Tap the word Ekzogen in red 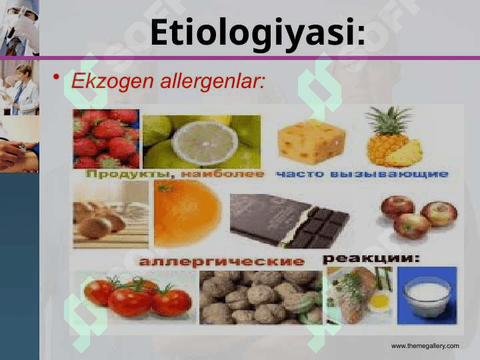point(113,82)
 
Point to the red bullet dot point(56,77)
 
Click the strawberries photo point(106,139)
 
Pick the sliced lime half point(205,143)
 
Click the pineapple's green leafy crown point(389,121)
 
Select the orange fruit point(187,214)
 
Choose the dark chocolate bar point(289,221)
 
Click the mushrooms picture point(111,214)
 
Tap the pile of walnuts point(261,297)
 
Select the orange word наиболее point(223,174)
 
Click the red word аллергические point(221,261)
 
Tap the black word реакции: point(371,259)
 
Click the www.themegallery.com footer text point(425,346)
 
